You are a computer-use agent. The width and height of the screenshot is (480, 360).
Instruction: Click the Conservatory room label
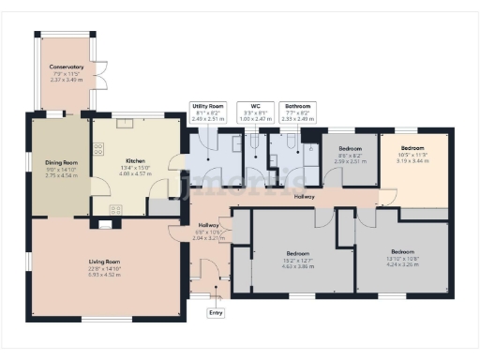[x=67, y=67]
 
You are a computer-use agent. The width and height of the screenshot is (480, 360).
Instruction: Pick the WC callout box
[x=250, y=112]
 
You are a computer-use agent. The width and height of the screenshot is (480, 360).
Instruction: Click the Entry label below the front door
[x=217, y=312]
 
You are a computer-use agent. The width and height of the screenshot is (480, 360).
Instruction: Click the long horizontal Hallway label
[x=305, y=197]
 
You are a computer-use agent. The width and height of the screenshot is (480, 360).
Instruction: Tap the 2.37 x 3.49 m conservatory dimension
[x=67, y=80]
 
